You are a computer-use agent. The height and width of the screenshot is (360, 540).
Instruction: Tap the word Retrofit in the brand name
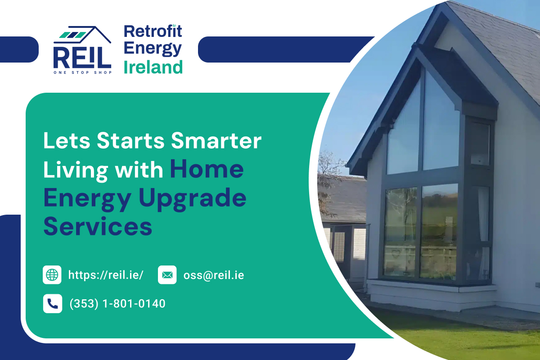(x=153, y=31)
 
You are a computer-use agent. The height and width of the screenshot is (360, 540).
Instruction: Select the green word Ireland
(x=153, y=67)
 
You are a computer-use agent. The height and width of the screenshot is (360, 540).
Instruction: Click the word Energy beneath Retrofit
(x=153, y=49)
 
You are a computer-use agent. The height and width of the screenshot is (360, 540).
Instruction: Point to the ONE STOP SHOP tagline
(x=83, y=72)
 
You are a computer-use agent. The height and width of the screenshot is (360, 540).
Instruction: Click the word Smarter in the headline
(x=216, y=140)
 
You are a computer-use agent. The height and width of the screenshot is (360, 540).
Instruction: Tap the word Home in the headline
(x=207, y=169)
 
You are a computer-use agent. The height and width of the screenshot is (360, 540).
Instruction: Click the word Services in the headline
(x=98, y=226)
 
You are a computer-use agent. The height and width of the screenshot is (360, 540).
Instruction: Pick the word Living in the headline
(x=76, y=171)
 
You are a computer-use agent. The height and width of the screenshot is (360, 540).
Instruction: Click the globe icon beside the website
(x=52, y=275)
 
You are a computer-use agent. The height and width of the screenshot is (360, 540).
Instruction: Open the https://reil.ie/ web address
(x=106, y=275)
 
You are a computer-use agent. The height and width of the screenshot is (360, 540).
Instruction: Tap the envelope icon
(x=167, y=275)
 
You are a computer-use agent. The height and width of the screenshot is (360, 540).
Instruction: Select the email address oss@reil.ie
(x=214, y=275)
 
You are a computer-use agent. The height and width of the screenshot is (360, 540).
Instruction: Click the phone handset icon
(x=53, y=304)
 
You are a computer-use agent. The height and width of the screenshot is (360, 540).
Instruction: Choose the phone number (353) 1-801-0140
(x=117, y=304)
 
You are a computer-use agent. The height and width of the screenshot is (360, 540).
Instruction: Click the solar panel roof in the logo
(x=73, y=35)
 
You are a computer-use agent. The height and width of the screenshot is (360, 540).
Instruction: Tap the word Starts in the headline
(x=130, y=141)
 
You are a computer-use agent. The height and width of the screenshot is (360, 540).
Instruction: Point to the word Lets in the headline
(x=67, y=141)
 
